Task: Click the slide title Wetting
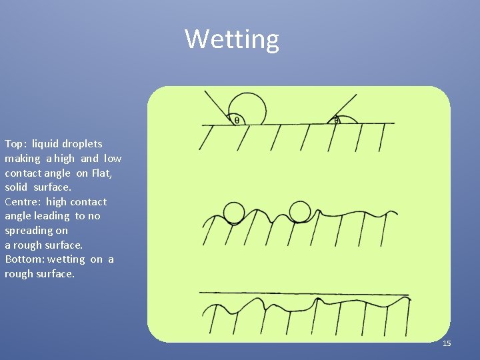point(232,39)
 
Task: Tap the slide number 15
point(447,343)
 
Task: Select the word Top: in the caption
point(15,144)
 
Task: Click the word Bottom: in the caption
point(24,259)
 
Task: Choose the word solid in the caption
point(16,187)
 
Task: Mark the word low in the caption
point(113,159)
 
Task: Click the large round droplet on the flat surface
point(247,108)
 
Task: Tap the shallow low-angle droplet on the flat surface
point(347,120)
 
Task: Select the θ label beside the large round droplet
point(237,120)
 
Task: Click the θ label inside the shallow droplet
point(337,121)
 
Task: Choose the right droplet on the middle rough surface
point(300,212)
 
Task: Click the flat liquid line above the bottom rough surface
point(303,293)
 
